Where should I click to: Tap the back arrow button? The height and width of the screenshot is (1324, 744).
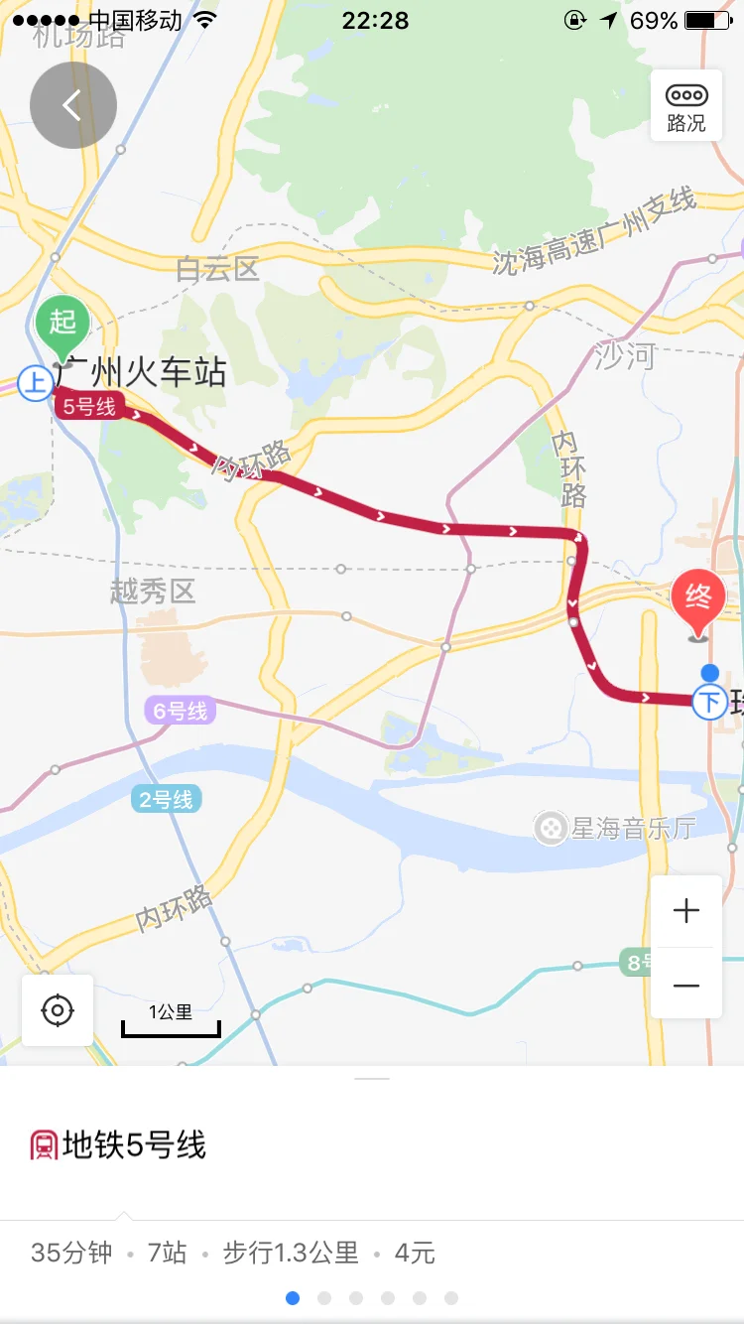pyautogui.click(x=72, y=105)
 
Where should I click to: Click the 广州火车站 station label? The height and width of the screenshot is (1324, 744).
pyautogui.click(x=141, y=373)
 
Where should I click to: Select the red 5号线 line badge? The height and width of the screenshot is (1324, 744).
pyautogui.click(x=89, y=406)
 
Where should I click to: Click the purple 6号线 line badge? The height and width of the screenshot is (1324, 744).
pyautogui.click(x=180, y=711)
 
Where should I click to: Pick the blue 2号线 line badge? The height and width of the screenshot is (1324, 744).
pyautogui.click(x=166, y=799)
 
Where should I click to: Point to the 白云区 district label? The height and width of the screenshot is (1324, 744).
pyautogui.click(x=217, y=268)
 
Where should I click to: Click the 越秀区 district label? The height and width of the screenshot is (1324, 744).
pyautogui.click(x=153, y=593)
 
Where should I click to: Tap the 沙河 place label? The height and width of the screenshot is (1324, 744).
pyautogui.click(x=625, y=355)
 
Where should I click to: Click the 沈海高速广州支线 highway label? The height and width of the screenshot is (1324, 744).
pyautogui.click(x=595, y=232)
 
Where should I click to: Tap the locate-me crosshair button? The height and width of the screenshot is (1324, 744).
pyautogui.click(x=58, y=1010)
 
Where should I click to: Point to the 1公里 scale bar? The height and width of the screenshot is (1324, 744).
pyautogui.click(x=171, y=1021)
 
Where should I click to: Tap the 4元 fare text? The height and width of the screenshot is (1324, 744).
pyautogui.click(x=415, y=1253)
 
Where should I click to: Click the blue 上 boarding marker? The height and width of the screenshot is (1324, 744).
pyautogui.click(x=36, y=383)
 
